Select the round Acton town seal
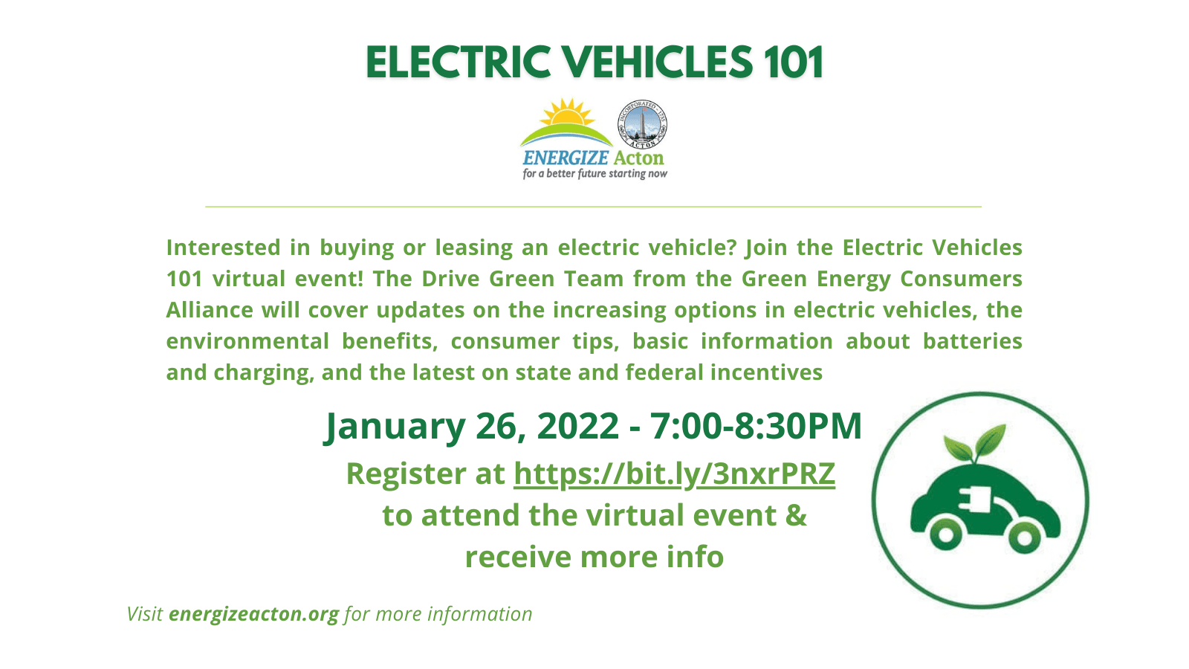642,124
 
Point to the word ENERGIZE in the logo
566,158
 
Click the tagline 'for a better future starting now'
594,174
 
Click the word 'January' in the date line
395,426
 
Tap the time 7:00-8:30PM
756,426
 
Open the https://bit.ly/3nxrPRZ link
674,474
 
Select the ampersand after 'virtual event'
796,515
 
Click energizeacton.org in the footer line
253,614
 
